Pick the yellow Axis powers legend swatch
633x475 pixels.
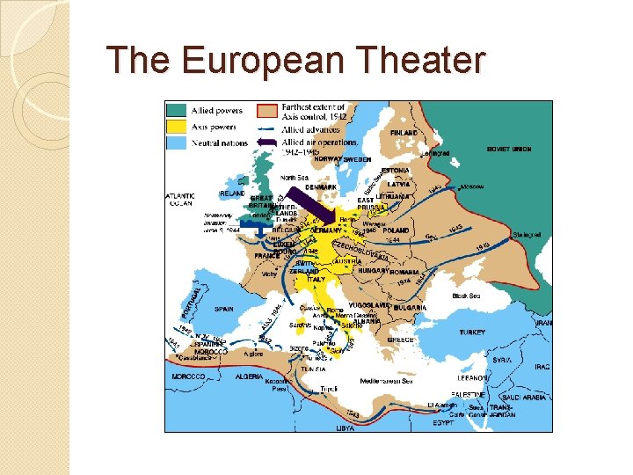click(176, 127)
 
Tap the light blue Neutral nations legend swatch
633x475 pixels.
click(176, 142)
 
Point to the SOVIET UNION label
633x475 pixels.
click(510, 150)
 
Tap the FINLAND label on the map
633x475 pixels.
click(404, 133)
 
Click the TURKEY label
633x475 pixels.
click(471, 332)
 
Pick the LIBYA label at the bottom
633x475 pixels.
click(346, 427)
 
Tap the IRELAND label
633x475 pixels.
click(232, 193)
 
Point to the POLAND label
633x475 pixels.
click(397, 230)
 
